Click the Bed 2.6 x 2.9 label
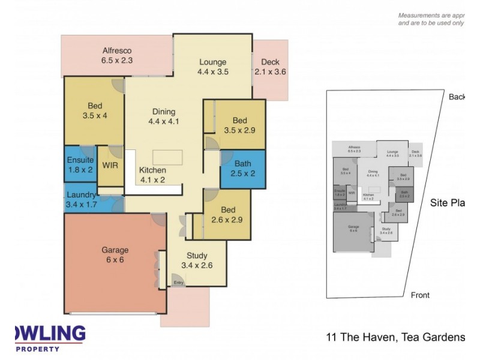[x=227, y=215]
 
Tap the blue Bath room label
[x=243, y=168]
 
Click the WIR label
[x=110, y=164]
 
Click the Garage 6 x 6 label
[x=115, y=255]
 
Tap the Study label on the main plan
[x=197, y=260]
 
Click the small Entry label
[x=178, y=283]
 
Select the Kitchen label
[x=153, y=175]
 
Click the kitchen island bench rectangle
[x=168, y=157]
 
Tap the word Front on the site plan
[x=420, y=295]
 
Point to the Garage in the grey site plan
[x=354, y=232]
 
